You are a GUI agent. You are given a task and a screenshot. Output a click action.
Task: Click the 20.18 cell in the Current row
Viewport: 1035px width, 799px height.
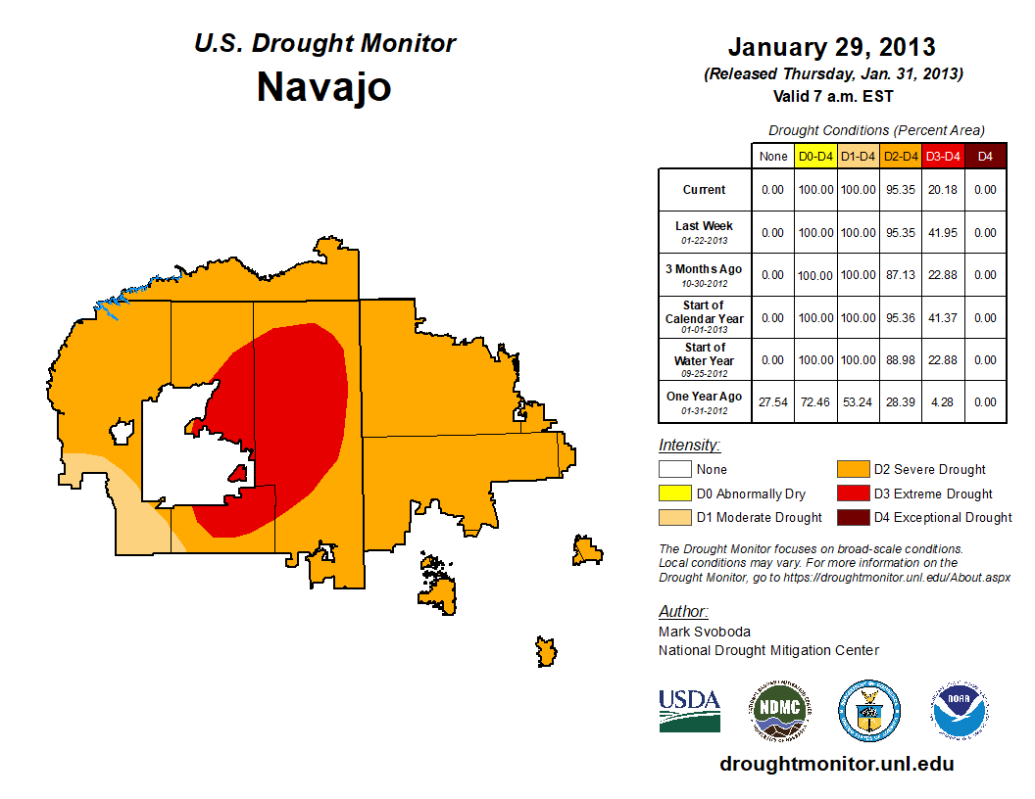[x=943, y=190]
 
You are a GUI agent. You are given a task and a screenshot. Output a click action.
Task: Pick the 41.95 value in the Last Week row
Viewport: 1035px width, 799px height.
[x=943, y=233]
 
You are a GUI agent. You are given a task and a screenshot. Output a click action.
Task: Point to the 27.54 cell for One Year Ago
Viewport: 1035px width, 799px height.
[x=773, y=402]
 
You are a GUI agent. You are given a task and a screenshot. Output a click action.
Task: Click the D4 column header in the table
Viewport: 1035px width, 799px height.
[x=986, y=156]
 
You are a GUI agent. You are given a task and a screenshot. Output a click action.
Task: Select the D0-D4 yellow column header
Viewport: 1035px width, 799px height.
[x=815, y=156]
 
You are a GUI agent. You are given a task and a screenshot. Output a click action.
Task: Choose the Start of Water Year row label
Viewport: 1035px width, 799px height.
[x=704, y=354]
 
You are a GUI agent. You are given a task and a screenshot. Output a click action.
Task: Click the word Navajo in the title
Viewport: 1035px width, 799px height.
[x=324, y=86]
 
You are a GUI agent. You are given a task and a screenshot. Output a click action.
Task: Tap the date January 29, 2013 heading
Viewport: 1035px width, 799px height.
[x=832, y=47]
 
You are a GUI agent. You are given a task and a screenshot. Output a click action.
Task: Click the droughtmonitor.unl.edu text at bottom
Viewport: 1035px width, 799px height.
[x=837, y=764]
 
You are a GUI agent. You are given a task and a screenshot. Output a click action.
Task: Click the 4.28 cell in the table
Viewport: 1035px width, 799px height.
[x=943, y=402]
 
